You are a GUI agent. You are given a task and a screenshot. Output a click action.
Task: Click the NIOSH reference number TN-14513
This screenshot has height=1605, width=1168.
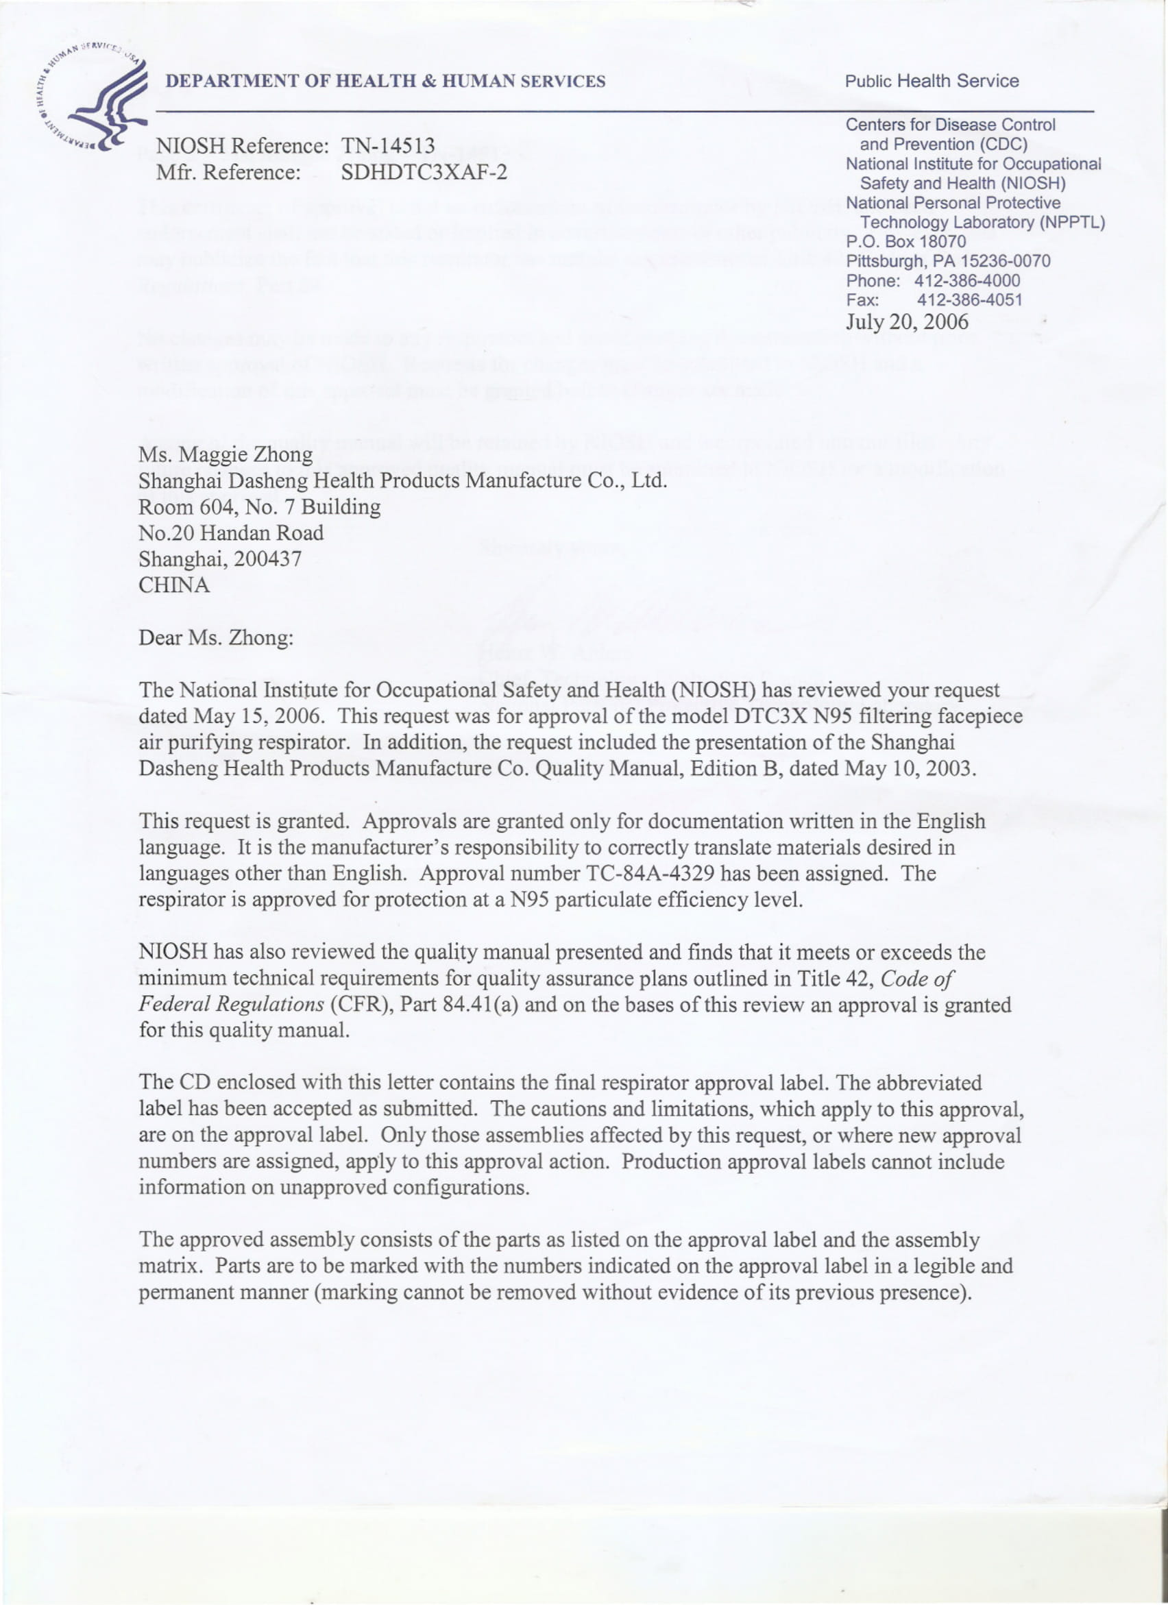coord(388,146)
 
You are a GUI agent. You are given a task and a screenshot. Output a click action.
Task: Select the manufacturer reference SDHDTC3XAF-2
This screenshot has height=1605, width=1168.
coord(424,172)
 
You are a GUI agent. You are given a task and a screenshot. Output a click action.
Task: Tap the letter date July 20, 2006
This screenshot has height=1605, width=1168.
coord(907,322)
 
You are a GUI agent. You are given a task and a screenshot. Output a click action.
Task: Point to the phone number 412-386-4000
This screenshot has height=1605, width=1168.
coord(967,281)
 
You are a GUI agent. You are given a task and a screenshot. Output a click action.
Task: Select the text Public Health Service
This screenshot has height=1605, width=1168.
coord(932,82)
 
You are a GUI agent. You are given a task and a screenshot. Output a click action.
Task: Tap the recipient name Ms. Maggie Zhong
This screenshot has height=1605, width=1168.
coord(226,454)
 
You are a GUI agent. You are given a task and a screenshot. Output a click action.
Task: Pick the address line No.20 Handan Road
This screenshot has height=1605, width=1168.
coord(231,533)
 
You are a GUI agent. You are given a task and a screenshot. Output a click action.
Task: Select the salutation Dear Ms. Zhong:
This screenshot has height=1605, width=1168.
coord(216,638)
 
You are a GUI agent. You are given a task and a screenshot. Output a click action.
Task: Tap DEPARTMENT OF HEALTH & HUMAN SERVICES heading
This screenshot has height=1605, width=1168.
coord(386,82)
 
